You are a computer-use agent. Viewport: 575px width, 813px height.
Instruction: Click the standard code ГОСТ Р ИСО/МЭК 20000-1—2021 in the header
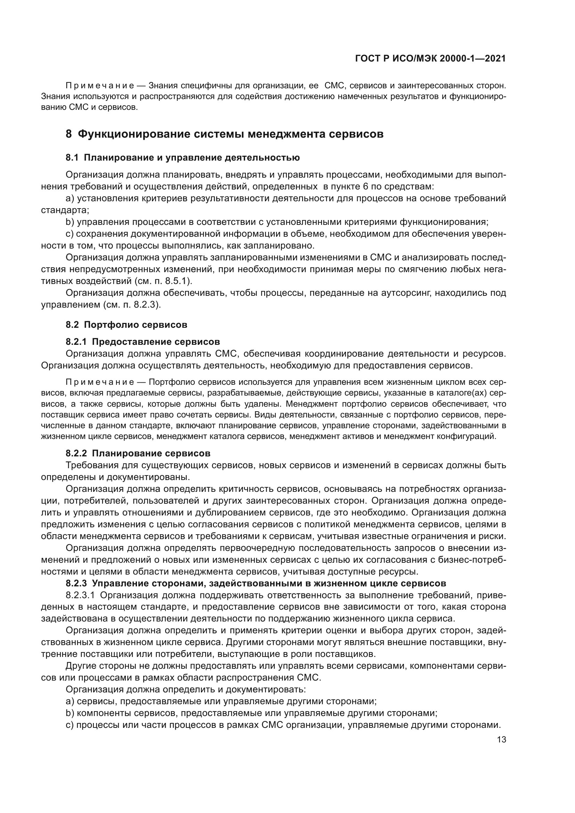point(430,59)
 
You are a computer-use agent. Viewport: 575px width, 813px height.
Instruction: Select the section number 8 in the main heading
point(69,134)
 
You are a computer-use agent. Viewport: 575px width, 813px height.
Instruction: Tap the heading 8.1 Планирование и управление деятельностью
point(183,157)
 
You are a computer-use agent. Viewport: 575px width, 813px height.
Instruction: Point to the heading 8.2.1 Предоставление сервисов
point(143,342)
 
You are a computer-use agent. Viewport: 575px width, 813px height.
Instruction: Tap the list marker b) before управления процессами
point(70,222)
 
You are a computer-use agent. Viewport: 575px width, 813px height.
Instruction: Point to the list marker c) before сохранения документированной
point(70,234)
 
